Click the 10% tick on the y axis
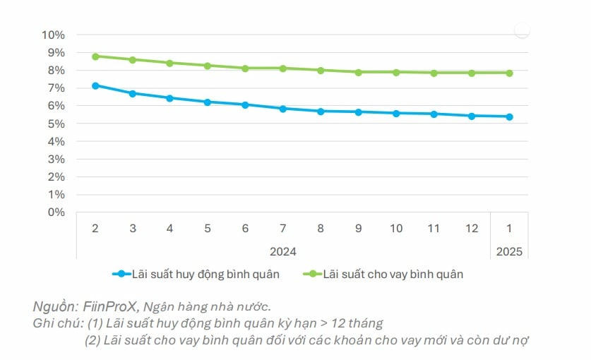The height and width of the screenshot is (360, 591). (x=54, y=35)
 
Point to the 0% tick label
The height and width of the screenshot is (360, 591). (x=56, y=212)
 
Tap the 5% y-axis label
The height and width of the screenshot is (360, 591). (x=56, y=124)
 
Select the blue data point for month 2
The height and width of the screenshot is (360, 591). (x=95, y=85)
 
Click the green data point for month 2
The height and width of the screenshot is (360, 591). (x=95, y=56)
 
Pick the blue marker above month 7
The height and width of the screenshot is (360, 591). (x=283, y=109)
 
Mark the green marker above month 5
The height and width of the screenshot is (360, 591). (x=208, y=66)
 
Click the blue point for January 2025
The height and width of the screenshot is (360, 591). (x=509, y=116)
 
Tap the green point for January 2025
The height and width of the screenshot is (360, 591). (x=509, y=73)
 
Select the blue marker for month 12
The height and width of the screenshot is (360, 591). (x=472, y=116)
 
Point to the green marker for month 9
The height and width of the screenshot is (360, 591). (x=359, y=72)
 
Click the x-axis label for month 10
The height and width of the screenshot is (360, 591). (x=396, y=229)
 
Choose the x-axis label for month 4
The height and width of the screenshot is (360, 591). (x=170, y=229)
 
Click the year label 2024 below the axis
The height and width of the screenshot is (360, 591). (x=283, y=251)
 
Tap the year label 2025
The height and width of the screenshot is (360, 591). (x=509, y=251)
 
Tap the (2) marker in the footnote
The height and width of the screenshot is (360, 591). (x=93, y=340)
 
